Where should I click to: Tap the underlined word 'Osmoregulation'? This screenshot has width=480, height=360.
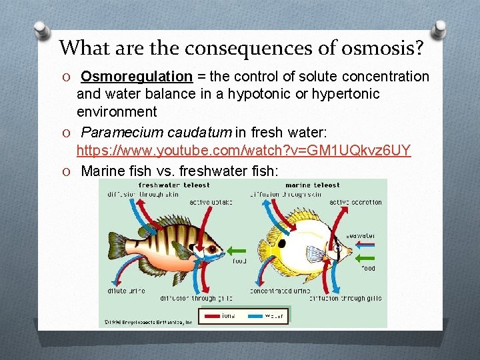click(x=146, y=77)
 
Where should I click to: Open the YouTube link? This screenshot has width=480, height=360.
click(x=243, y=151)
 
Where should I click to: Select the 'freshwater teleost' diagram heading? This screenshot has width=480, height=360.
click(x=174, y=185)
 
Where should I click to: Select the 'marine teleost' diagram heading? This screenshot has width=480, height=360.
click(x=313, y=185)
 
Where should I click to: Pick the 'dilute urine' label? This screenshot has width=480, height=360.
click(x=126, y=291)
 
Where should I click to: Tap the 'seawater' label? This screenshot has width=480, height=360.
click(x=361, y=235)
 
